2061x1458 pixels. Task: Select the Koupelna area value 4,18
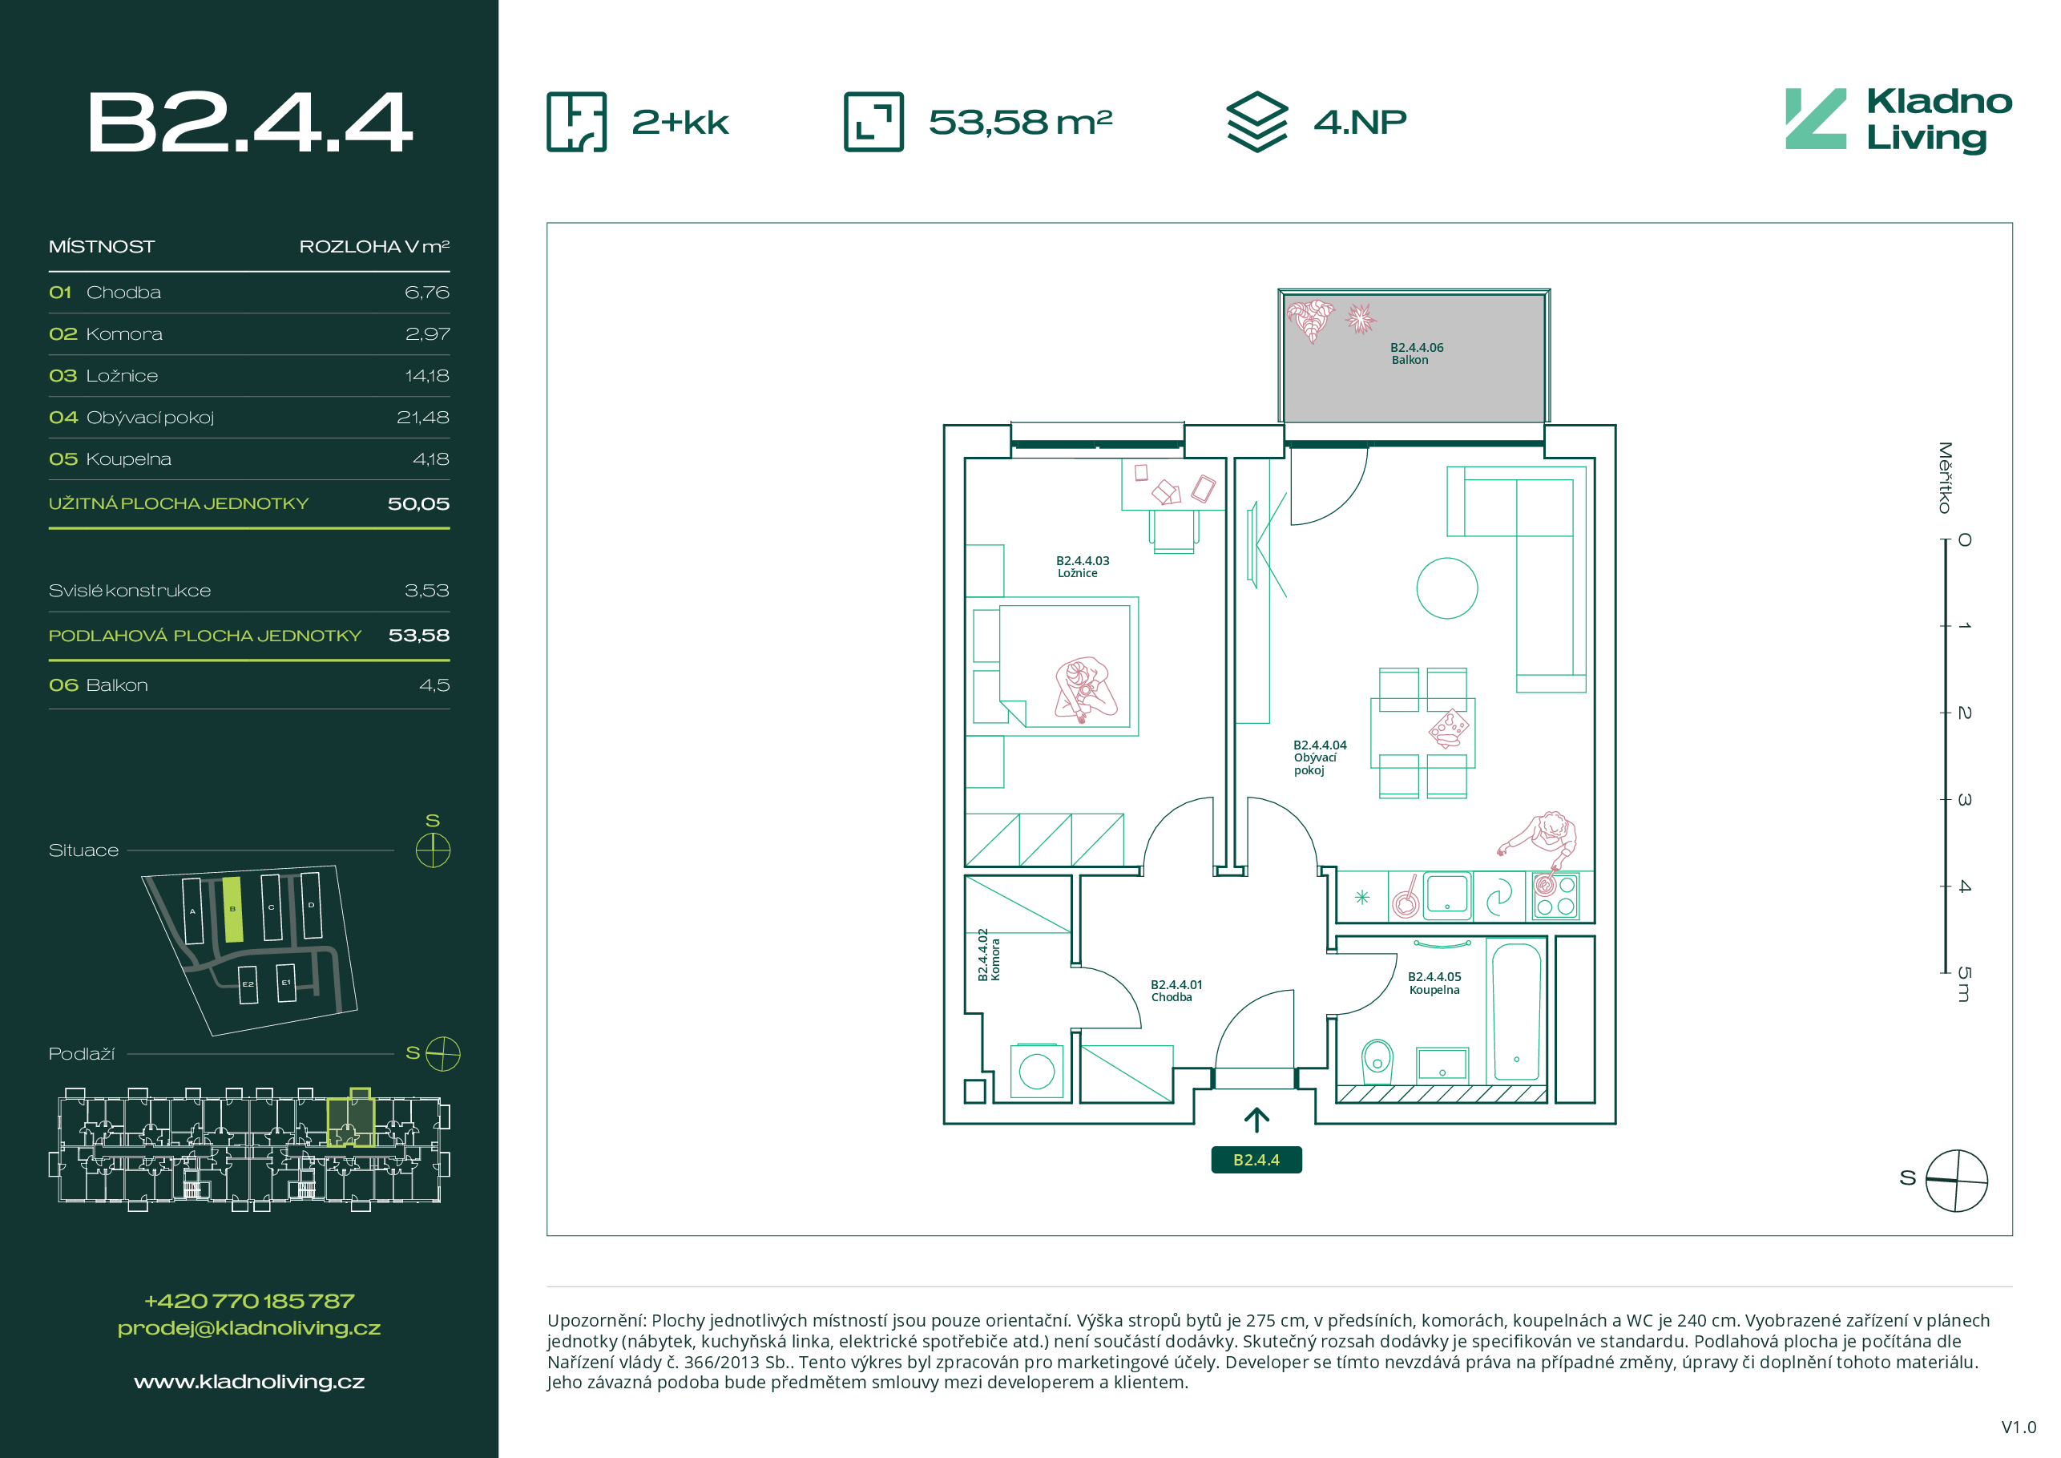(x=431, y=459)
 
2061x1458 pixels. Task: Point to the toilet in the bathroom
(x=1376, y=1061)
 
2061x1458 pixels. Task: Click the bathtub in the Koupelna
(x=1516, y=1012)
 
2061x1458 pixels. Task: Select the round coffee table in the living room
(x=1446, y=588)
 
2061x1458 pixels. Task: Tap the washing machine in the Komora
(x=1036, y=1070)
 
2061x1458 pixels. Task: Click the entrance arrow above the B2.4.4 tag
(x=1256, y=1120)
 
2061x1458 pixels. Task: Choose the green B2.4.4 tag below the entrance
(x=1256, y=1160)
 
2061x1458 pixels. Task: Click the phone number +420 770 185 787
(x=249, y=1301)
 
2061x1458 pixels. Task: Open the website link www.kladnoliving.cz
(x=249, y=1382)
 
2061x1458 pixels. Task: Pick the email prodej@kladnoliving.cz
(x=249, y=1328)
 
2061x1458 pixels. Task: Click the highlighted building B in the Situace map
(x=232, y=910)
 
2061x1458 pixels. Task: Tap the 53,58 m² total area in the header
(x=1020, y=122)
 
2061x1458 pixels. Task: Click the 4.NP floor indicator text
(x=1360, y=122)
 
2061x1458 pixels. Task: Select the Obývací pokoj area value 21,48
(x=423, y=418)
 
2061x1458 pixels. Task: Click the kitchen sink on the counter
(x=1446, y=895)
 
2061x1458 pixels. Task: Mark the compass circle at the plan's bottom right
(x=1957, y=1180)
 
